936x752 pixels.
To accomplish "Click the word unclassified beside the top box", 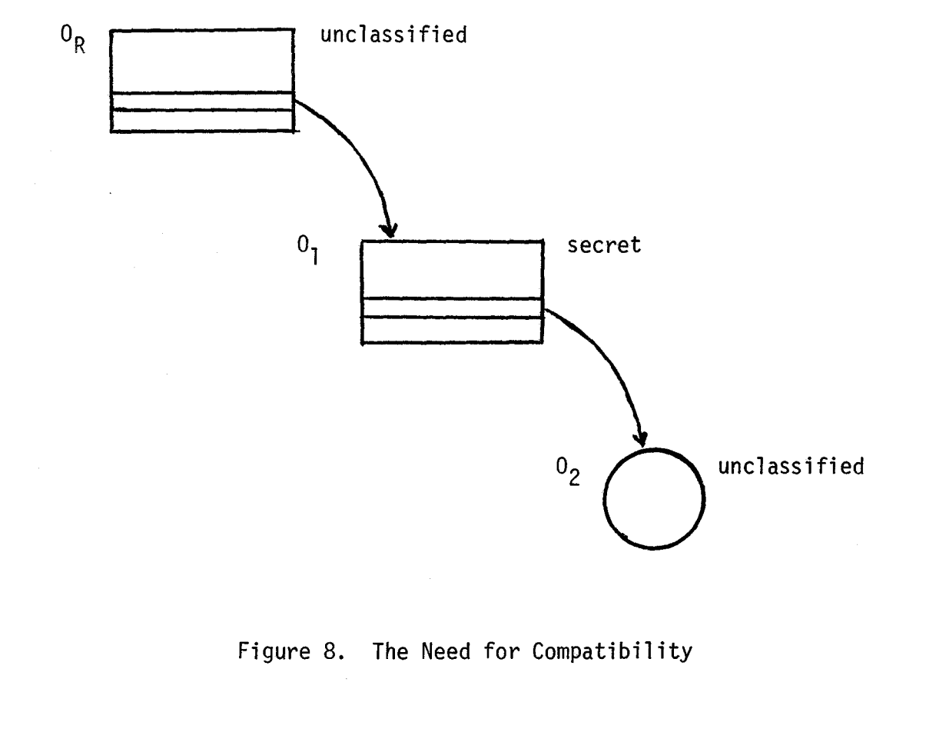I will (393, 35).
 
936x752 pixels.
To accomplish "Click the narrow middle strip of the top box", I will (201, 101).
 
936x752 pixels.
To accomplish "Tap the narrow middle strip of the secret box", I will (452, 308).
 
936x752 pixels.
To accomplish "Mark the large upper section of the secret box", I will (452, 270).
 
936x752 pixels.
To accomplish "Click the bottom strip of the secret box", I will (452, 330).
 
